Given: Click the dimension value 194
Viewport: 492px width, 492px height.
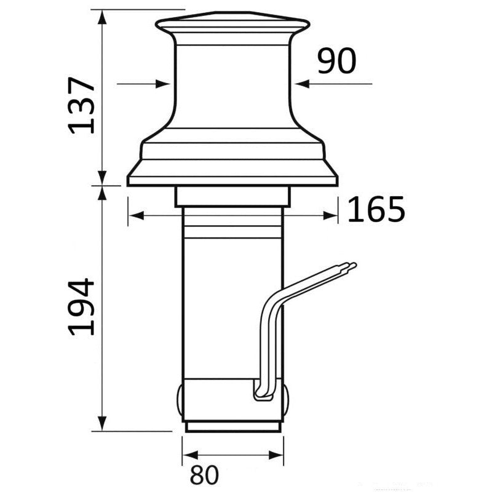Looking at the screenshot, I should (x=82, y=306).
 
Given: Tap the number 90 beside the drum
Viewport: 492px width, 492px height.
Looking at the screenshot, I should (x=336, y=61).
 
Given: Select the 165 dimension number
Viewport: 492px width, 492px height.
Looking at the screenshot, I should (x=376, y=210).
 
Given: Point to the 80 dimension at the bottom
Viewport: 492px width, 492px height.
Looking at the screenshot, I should (x=205, y=475).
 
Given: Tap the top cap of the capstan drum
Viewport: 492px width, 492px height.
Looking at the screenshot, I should (x=232, y=25).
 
